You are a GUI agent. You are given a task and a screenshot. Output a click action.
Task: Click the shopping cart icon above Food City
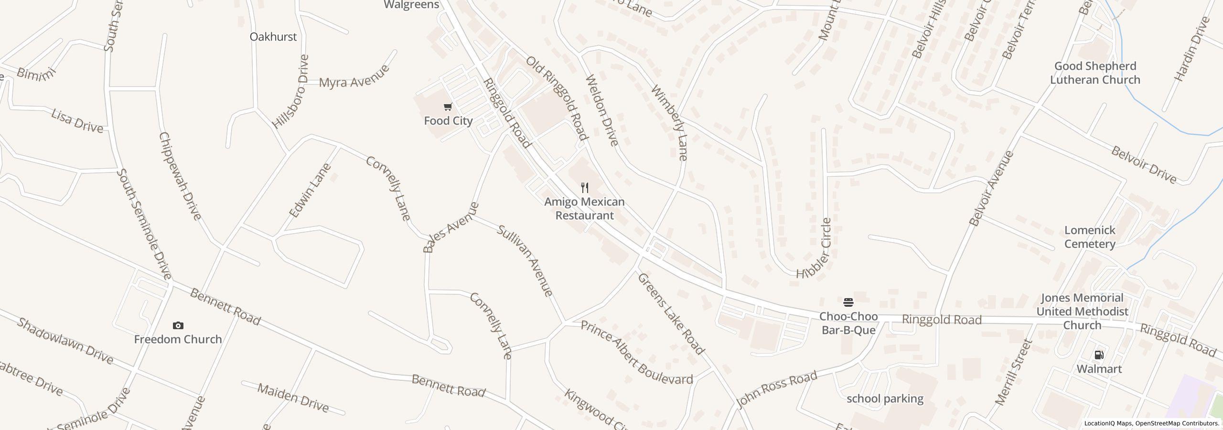[448, 107]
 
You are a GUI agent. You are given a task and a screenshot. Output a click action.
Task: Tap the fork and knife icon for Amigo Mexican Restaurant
[584, 187]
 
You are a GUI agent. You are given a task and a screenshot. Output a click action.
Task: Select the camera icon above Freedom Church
[178, 325]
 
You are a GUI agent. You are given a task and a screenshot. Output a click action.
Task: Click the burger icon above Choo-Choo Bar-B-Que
[848, 302]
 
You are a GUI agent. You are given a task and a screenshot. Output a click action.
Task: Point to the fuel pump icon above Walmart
[1099, 355]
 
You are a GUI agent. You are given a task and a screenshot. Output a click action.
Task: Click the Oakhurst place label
[273, 37]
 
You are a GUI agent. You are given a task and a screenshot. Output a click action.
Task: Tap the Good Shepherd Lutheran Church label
[1095, 73]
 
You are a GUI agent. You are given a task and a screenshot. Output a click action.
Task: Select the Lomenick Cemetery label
[1090, 237]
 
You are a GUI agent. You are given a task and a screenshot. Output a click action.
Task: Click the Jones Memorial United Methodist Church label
[1082, 312]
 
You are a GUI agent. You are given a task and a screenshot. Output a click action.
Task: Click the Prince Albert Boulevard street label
[636, 353]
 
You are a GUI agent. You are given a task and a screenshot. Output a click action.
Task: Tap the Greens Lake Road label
[671, 314]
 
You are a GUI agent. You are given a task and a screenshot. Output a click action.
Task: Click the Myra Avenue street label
[354, 76]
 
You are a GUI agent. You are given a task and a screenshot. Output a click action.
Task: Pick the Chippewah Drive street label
[180, 176]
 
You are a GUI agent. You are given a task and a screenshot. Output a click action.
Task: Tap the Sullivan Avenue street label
[525, 260]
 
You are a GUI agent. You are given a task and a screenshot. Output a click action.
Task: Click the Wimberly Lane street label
[669, 123]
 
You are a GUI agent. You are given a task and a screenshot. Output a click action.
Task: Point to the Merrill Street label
[1014, 373]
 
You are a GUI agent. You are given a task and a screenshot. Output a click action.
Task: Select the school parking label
[885, 398]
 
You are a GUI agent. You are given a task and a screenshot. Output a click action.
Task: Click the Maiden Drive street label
[293, 398]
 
